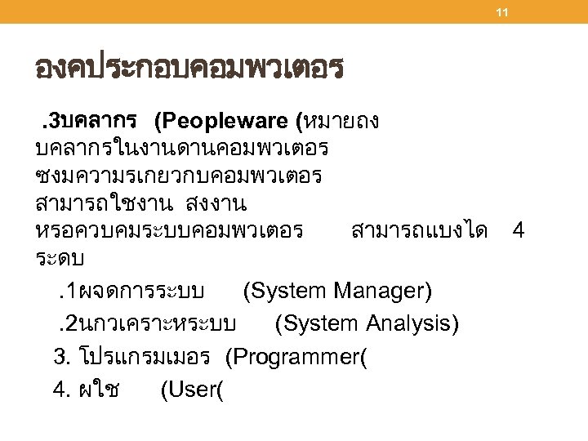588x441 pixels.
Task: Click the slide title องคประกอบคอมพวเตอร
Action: pos(188,68)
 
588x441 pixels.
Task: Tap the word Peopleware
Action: pos(231,122)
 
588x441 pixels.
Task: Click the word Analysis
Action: pos(405,324)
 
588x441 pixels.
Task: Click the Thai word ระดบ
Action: pos(62,258)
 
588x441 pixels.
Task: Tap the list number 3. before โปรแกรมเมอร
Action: pos(62,357)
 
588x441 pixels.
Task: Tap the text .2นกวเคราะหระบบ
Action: pos(147,325)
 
